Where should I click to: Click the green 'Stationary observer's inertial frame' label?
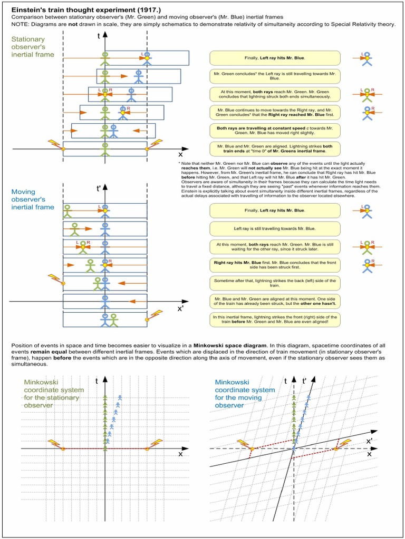pyautogui.click(x=28, y=47)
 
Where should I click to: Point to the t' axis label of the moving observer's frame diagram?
pyautogui.click(x=99, y=187)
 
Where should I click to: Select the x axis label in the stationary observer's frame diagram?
pyautogui.click(x=180, y=155)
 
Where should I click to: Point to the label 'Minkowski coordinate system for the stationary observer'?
pyautogui.click(x=53, y=394)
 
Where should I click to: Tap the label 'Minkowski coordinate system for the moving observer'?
pyautogui.click(x=245, y=394)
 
